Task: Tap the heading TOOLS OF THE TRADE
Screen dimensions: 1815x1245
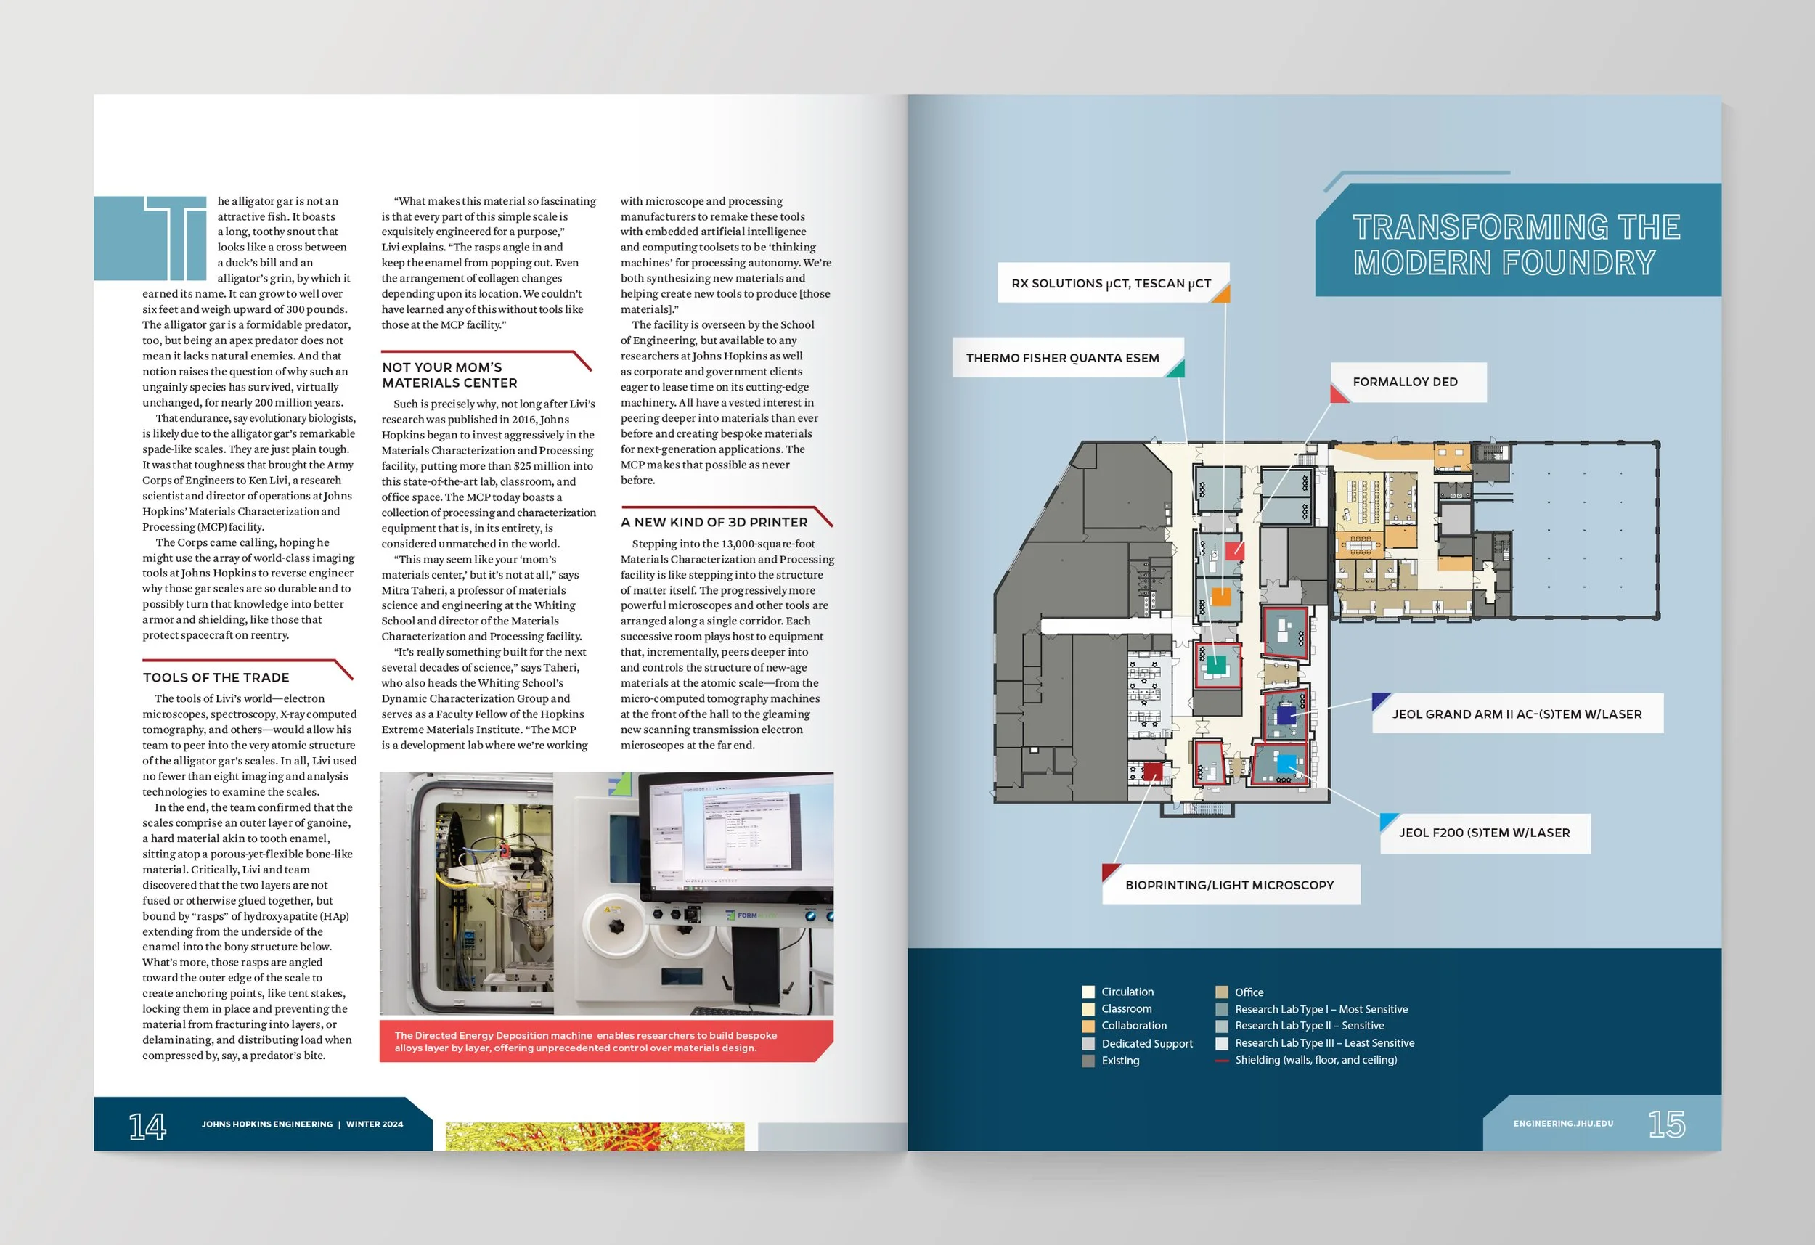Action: [x=216, y=678]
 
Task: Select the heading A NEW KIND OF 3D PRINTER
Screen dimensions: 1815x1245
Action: [x=714, y=522]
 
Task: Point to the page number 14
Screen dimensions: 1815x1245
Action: [x=147, y=1125]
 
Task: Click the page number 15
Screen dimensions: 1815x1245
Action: [x=1666, y=1124]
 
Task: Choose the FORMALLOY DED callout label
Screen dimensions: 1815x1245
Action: [x=1405, y=382]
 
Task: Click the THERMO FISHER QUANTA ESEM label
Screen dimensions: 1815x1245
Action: [x=1062, y=358]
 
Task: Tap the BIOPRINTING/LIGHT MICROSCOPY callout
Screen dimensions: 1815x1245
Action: [x=1229, y=885]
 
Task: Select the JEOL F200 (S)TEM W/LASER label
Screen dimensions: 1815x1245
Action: [x=1484, y=833]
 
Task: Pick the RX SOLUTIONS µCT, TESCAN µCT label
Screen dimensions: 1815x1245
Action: [x=1111, y=284]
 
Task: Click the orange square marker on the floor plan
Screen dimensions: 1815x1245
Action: [x=1220, y=597]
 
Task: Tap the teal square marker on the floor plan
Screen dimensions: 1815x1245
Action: [x=1216, y=665]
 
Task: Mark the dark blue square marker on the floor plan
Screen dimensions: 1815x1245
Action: [x=1286, y=714]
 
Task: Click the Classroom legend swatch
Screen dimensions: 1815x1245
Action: [x=1088, y=1009]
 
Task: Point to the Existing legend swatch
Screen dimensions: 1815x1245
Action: [x=1088, y=1061]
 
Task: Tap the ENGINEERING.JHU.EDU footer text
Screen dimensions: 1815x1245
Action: [x=1563, y=1124]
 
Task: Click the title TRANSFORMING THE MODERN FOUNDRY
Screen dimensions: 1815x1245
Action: [x=1516, y=245]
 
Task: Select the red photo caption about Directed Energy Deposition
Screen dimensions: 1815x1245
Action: [x=586, y=1041]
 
